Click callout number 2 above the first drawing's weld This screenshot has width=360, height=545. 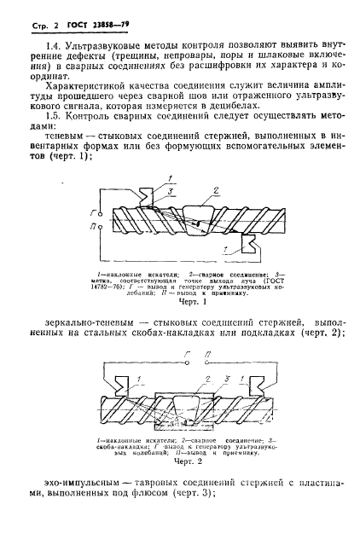point(217,189)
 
